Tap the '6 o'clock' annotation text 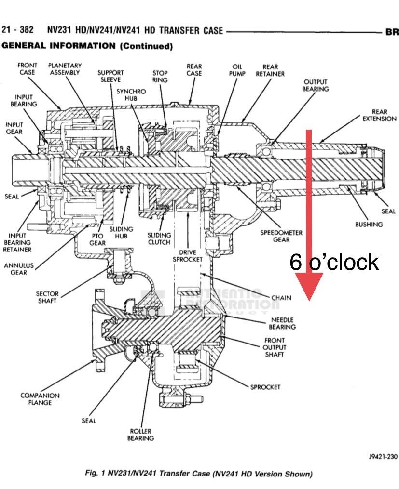(x=334, y=262)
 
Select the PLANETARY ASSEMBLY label (x=65, y=69)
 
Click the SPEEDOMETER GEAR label (x=281, y=236)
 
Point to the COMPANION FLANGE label (x=40, y=399)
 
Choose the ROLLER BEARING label (x=140, y=435)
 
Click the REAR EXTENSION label (x=379, y=115)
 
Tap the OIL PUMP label (x=237, y=70)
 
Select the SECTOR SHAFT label (x=47, y=297)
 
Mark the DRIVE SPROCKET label (x=188, y=256)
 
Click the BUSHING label (x=369, y=224)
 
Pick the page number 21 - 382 (x=18, y=30)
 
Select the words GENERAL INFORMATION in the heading (x=58, y=46)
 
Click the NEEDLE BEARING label (x=282, y=323)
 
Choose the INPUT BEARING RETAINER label (x=18, y=242)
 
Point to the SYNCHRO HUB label (x=131, y=94)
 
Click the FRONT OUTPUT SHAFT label (x=274, y=347)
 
